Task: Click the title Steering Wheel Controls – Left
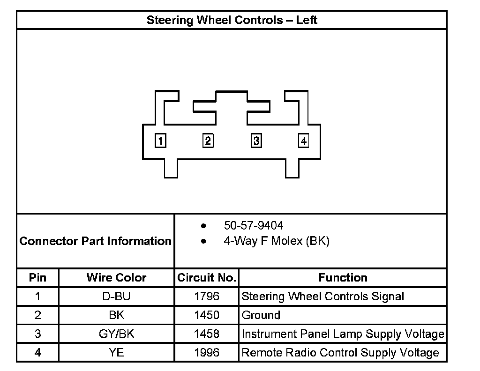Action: point(232,20)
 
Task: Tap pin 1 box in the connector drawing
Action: point(160,141)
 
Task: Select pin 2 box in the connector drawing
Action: point(208,141)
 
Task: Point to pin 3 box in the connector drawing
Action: point(256,141)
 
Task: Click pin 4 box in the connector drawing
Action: point(304,141)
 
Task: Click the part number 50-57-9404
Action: point(254,226)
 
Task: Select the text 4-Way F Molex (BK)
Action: point(277,242)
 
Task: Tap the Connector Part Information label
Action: point(96,241)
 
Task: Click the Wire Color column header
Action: point(116,278)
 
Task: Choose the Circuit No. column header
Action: point(207,278)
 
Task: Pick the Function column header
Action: point(343,278)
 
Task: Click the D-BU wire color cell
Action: point(116,297)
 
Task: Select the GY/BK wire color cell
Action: point(116,334)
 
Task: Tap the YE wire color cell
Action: point(116,352)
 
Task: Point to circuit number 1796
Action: point(207,297)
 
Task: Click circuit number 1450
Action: point(207,315)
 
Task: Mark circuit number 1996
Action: point(207,352)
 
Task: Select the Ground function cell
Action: point(261,315)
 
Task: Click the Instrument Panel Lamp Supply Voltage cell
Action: point(343,334)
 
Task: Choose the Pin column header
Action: point(38,278)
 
